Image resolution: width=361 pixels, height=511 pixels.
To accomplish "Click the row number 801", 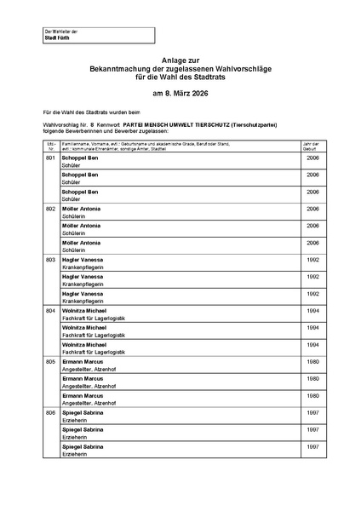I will point(50,159).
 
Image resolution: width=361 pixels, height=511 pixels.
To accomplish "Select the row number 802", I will point(50,208).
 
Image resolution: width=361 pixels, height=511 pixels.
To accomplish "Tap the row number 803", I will point(50,259).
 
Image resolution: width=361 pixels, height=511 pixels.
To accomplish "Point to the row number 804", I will point(50,310).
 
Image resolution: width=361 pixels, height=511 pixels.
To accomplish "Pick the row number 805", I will point(50,361).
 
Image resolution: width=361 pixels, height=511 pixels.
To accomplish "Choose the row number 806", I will point(50,412).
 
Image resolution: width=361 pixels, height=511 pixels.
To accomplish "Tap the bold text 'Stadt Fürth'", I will point(57,39).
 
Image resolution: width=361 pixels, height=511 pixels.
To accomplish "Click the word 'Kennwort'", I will point(108,124).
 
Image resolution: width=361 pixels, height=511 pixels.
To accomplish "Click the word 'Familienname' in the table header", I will point(75,144).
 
